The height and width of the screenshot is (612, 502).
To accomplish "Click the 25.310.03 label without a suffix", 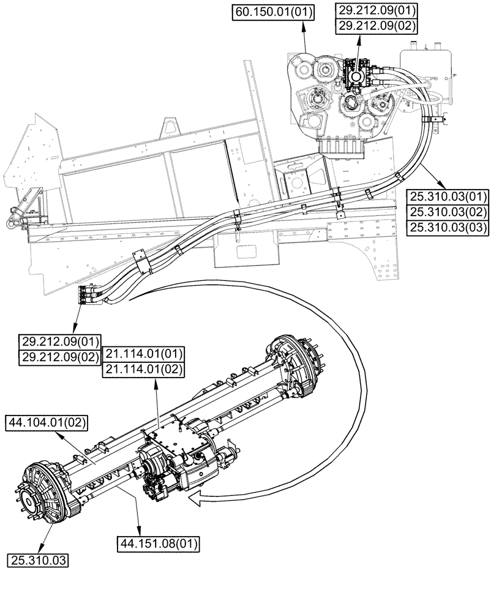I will (x=38, y=559).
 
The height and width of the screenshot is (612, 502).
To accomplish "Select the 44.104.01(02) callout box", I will (x=47, y=422).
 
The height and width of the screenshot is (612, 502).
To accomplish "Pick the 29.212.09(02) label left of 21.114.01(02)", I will (x=60, y=357).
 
